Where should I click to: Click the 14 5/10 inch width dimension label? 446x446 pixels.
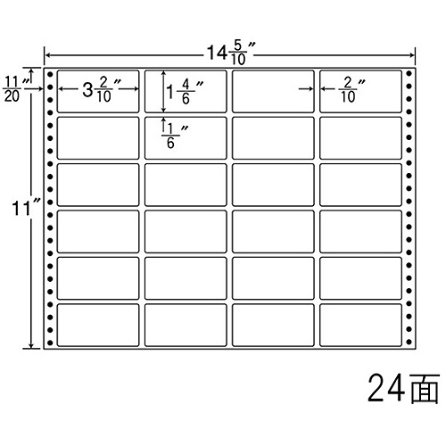coord(231,53)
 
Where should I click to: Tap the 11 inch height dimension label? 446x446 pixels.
coord(25,208)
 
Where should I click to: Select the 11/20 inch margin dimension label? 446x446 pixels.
coord(16,89)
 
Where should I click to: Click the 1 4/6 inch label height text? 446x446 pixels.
coord(185,92)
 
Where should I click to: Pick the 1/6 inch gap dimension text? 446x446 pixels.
coord(175,136)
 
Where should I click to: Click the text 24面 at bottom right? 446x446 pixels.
coord(403,389)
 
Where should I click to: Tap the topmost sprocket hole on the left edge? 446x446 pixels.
coord(50,74)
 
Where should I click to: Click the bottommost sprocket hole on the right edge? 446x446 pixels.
coord(409,342)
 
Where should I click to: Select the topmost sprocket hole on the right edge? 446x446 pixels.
coord(409,73)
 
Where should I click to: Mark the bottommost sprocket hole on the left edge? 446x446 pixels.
coord(50,343)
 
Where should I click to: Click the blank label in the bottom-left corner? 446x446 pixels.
coord(98,325)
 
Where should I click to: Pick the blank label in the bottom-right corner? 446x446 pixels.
coord(360,325)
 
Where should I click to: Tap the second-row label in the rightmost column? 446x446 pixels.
coord(360,138)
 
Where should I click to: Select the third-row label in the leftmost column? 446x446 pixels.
coord(98,185)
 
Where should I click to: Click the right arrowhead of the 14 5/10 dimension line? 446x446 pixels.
coord(412,55)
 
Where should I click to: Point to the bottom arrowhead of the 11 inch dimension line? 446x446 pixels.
coord(31,345)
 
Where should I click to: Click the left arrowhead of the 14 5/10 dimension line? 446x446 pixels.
coord(47,55)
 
